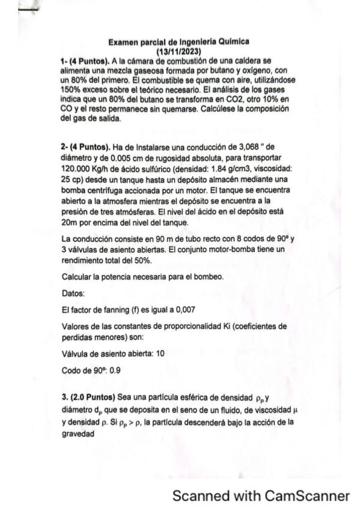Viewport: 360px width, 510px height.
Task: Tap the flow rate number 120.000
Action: (76, 165)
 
